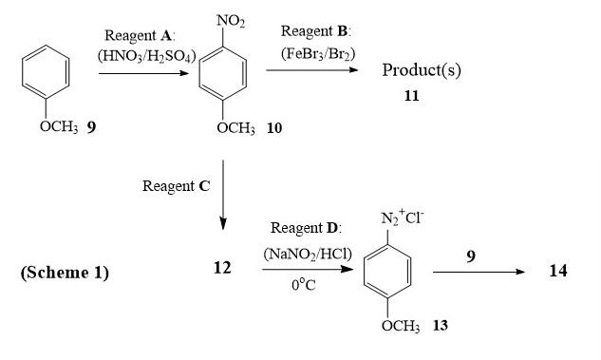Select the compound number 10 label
coord(274,127)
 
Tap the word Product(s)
coord(421,70)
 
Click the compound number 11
coord(410,96)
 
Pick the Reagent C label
coord(176,186)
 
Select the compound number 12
coord(222,268)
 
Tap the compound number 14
coord(558,272)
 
